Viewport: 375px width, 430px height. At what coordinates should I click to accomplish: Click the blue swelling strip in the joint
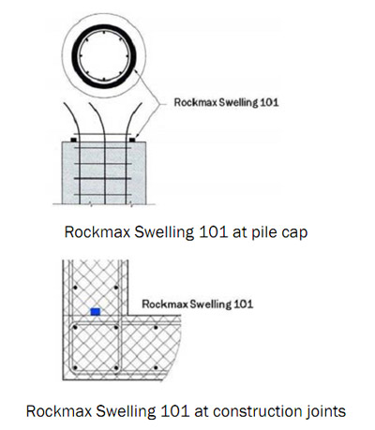[96, 311]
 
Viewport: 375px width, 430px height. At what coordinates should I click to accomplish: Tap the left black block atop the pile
[74, 140]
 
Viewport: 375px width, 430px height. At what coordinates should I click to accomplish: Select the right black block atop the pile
[132, 140]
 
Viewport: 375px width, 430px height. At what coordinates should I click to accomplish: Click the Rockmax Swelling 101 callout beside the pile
[226, 102]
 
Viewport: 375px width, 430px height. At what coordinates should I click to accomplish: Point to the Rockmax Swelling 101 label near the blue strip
[198, 304]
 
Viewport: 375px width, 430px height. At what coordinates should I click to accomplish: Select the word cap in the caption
[294, 233]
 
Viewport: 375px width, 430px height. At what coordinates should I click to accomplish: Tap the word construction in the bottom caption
[252, 411]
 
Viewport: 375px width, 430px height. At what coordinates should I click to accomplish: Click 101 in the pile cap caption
[213, 232]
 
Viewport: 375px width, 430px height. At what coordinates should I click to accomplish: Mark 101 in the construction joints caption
[174, 411]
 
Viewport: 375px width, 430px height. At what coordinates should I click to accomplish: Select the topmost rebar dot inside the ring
[103, 32]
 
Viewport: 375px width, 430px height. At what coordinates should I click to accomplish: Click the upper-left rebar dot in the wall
[75, 288]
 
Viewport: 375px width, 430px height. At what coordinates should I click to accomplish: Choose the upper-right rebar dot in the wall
[116, 288]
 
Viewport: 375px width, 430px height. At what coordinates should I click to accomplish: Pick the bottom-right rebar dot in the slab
[156, 368]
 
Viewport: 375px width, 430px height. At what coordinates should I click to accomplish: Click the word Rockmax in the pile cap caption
[97, 232]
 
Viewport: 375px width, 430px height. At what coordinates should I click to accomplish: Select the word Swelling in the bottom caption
[126, 412]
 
